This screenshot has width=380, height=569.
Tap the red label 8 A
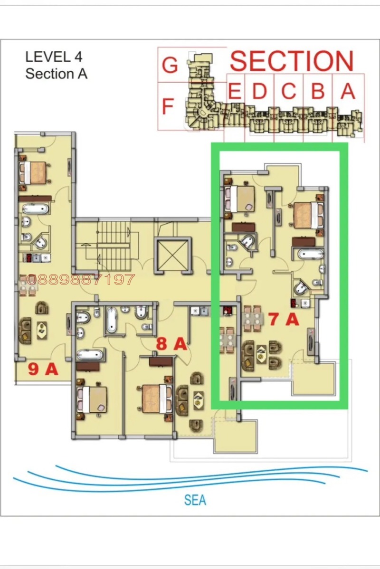point(171,343)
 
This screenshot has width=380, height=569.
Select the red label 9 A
point(43,369)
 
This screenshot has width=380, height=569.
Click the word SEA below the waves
point(195,500)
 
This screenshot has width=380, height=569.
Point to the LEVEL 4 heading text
point(54,57)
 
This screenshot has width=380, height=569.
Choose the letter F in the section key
point(167,106)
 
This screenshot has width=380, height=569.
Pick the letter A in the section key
point(348,90)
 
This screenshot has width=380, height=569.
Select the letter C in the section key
point(288,91)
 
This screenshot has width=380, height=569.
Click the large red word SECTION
point(292,61)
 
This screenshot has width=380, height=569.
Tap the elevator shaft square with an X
point(173,255)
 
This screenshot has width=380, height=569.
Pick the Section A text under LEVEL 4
point(56,74)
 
